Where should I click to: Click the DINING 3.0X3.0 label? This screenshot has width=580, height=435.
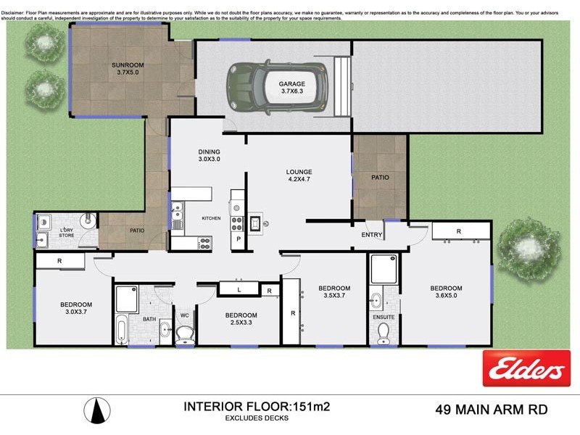pos(209,155)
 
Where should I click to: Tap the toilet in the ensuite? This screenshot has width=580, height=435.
pos(383,332)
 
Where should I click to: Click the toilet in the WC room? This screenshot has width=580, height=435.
pos(185,333)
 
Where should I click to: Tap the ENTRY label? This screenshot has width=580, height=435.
pos(371,235)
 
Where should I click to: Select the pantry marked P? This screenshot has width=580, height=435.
pos(238,239)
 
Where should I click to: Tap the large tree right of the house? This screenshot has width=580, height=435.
pos(531,246)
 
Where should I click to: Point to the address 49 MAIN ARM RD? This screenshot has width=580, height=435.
pos(492,410)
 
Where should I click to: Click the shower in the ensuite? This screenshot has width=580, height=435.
pos(383,268)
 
